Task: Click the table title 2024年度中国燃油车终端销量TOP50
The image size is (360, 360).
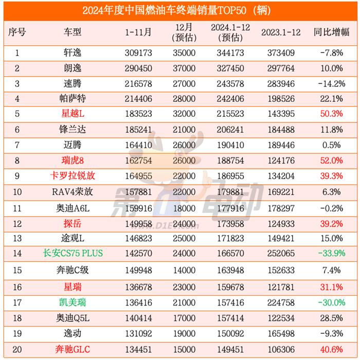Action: [180, 10]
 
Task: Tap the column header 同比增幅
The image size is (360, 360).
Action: [331, 32]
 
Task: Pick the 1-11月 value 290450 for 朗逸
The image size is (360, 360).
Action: [139, 68]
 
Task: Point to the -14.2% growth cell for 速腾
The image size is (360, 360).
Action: [331, 83]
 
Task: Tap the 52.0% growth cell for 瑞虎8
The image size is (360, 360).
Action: [331, 160]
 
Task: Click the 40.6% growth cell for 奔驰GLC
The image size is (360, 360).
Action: [331, 350]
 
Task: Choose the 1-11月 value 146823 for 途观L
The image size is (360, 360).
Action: [139, 239]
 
